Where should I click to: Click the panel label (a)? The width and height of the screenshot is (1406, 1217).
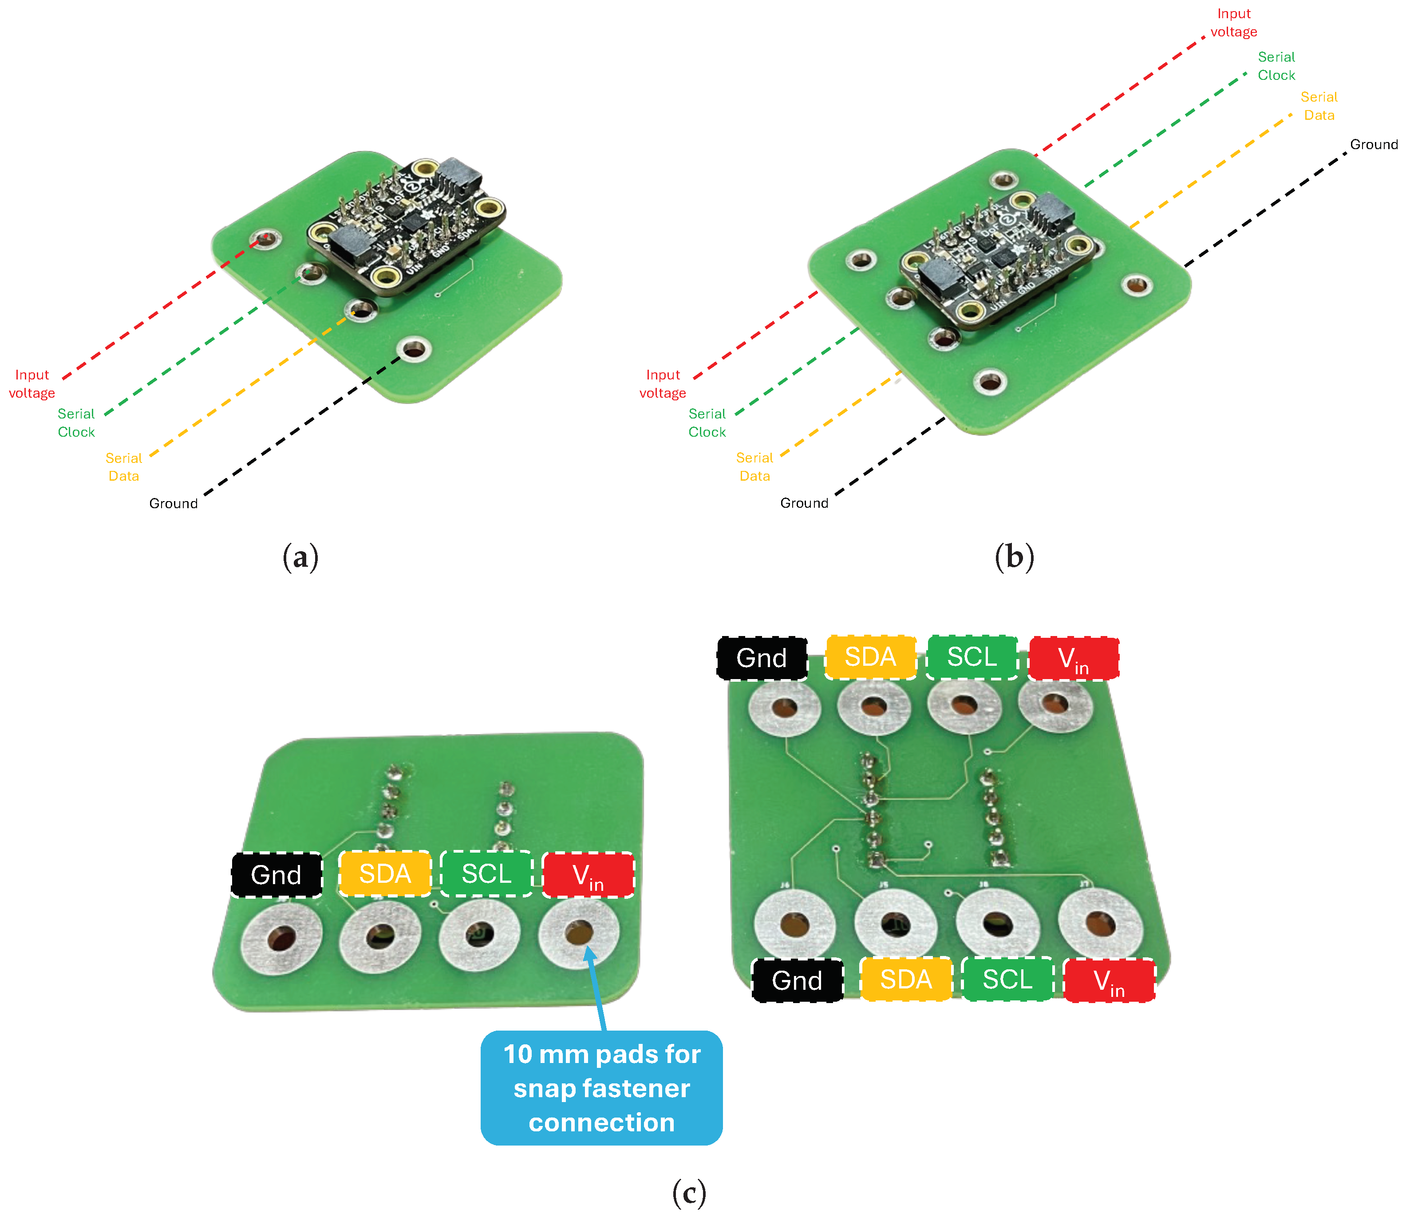(x=300, y=557)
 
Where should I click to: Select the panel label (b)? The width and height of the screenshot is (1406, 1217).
(x=1014, y=557)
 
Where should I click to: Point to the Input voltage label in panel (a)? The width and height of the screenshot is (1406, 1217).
(x=32, y=384)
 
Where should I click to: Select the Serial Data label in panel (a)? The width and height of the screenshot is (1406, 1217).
(x=124, y=466)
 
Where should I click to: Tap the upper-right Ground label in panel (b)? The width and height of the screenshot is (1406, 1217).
(x=1374, y=144)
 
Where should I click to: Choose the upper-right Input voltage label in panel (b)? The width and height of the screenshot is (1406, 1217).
(x=1233, y=22)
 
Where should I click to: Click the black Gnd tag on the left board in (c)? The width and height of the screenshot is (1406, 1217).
(x=276, y=875)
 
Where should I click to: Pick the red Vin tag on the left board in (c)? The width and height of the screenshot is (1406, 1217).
(x=588, y=875)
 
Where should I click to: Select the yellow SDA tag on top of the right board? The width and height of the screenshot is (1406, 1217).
(x=870, y=657)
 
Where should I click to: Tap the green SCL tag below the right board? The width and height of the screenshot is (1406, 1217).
(x=1007, y=979)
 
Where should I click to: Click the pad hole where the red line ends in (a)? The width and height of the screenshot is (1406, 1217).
(x=265, y=238)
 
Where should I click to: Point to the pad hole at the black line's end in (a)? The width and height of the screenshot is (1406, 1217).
(x=414, y=350)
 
